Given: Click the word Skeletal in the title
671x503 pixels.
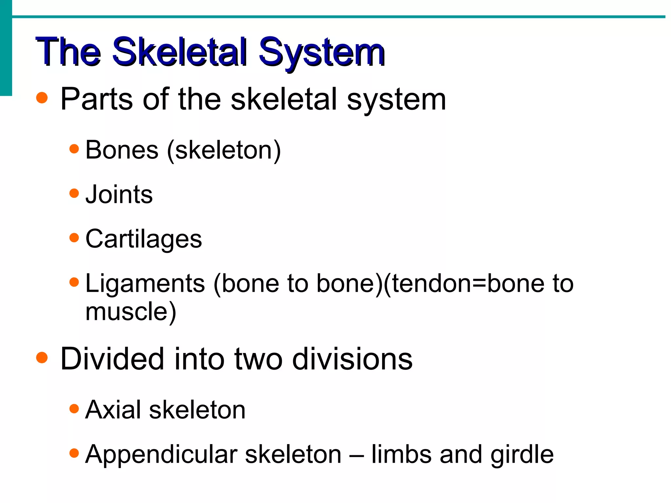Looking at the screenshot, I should tap(179, 52).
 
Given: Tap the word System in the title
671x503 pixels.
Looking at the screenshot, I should tap(321, 52).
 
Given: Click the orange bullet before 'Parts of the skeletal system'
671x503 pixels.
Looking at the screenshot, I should tap(42, 98).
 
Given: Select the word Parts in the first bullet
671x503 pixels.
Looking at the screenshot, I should tap(97, 99).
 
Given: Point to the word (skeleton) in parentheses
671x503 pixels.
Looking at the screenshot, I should tap(224, 151).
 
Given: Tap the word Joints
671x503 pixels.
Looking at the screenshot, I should tap(119, 195).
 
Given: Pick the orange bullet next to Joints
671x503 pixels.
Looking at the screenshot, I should tap(74, 193).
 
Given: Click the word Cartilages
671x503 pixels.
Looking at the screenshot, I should tap(144, 239).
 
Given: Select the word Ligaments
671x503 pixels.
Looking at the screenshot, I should tap(145, 284).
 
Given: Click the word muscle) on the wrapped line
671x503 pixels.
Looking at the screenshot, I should tap(131, 312).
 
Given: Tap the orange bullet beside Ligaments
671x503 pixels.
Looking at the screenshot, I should tap(74, 282).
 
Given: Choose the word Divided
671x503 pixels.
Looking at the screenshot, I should tap(112, 359).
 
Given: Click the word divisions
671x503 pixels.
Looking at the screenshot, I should tap(352, 359).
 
